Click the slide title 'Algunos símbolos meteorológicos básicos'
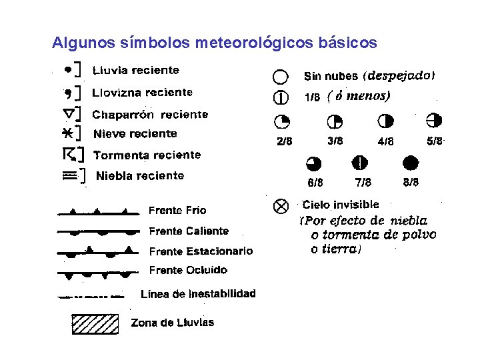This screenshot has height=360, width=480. [215, 43]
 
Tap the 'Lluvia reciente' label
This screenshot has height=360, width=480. [136, 70]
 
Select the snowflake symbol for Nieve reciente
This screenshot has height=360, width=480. [67, 133]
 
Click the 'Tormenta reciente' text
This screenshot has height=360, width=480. [147, 155]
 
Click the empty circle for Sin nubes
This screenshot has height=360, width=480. [281, 77]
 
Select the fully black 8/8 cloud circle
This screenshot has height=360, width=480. [410, 163]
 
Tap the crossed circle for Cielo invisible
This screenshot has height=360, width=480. [281, 206]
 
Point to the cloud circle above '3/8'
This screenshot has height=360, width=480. [334, 121]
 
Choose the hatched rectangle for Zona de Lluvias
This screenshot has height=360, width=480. [95, 323]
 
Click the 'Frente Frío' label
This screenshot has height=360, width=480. [177, 211]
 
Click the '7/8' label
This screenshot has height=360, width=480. [363, 182]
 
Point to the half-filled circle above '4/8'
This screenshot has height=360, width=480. [385, 121]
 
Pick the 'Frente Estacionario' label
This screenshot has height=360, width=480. [201, 251]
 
